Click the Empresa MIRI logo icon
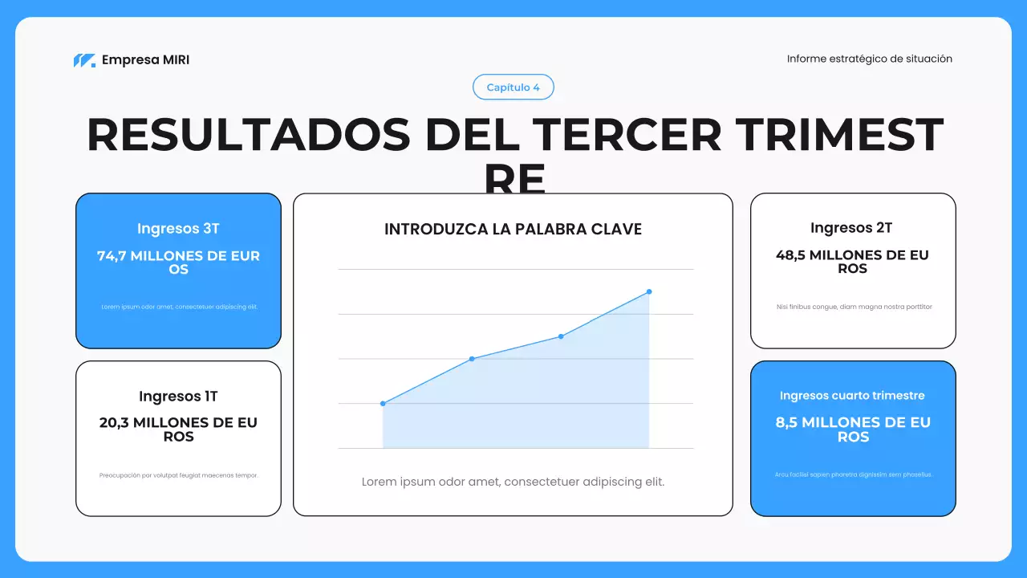coord(84,60)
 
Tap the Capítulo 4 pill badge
coord(513,88)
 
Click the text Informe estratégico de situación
coord(869,59)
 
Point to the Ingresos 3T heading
coord(178,229)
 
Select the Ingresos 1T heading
coord(178,397)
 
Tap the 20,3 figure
coord(113,423)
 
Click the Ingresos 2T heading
coord(852,228)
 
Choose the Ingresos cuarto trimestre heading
coord(852,396)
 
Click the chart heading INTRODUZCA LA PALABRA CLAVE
coord(513,230)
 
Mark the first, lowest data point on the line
coord(383,404)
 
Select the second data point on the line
coord(472,359)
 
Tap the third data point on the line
coord(561,336)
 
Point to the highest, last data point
coord(649,291)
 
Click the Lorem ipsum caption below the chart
coord(513,482)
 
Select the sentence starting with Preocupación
coord(178,475)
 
